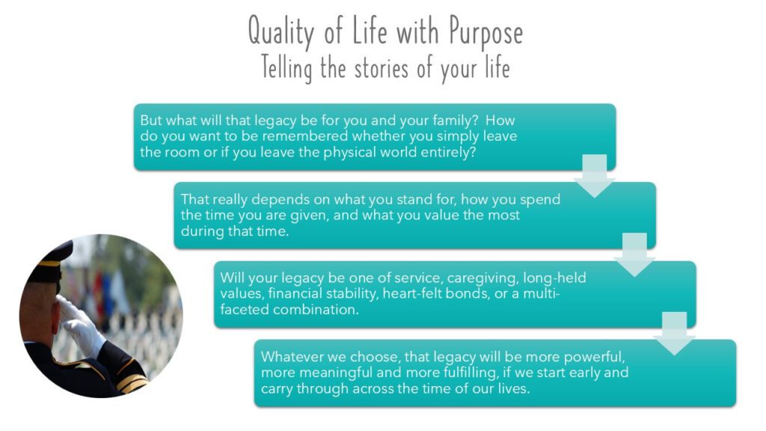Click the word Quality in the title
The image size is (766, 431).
coord(281,31)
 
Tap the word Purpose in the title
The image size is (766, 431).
coord(486,31)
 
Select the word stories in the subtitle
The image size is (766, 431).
coord(382,68)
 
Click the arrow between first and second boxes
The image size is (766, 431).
coord(595,176)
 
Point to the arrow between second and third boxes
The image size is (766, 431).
coord(634,254)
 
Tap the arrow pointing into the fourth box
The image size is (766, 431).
coord(675,333)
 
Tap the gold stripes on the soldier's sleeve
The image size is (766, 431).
coord(131,377)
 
